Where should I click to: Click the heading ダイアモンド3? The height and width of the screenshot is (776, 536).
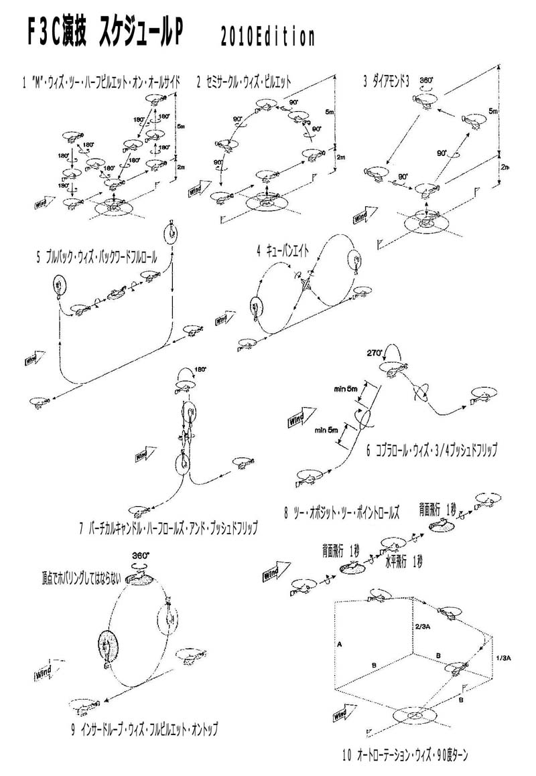[389, 82]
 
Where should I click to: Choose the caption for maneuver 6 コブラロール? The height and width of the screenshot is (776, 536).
[431, 450]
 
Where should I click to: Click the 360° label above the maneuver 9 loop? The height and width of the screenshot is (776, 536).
[140, 556]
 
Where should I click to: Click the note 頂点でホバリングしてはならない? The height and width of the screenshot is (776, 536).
[73, 577]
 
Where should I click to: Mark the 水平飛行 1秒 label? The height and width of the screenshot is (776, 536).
[401, 561]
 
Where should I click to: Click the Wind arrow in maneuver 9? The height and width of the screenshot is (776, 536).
[49, 670]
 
